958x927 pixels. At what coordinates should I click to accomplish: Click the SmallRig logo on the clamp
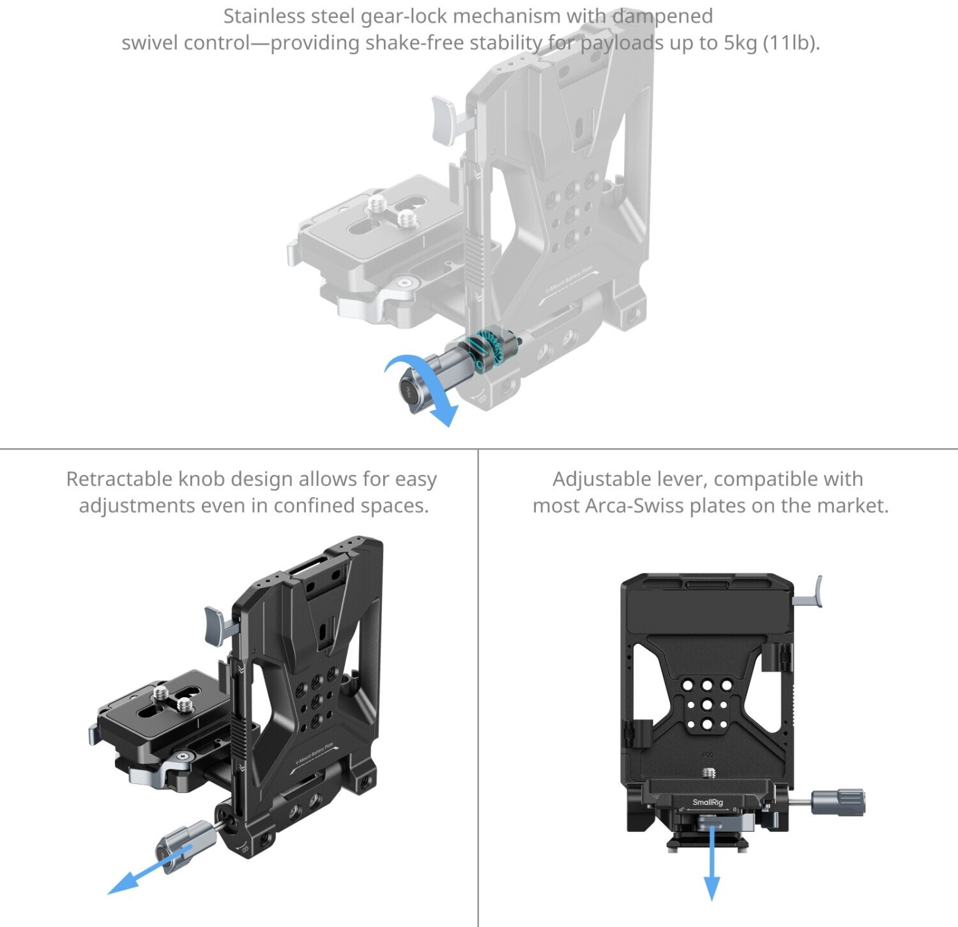tap(708, 803)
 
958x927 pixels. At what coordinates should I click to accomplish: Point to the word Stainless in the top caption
tap(264, 16)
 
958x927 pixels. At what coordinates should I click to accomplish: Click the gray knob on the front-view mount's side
tap(837, 802)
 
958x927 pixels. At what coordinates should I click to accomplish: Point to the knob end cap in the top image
tap(408, 393)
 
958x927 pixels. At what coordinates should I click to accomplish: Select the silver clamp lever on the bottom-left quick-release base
tap(153, 772)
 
